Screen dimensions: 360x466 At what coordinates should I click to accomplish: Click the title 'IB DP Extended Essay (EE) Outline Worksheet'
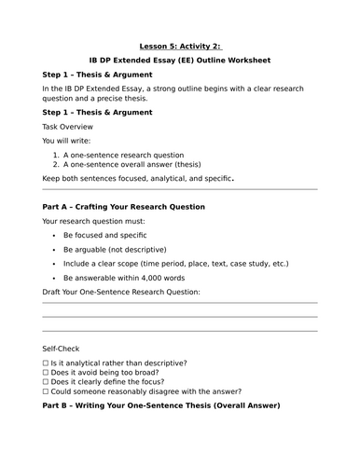point(179,60)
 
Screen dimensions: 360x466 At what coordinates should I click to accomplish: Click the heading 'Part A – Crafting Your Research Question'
point(124,206)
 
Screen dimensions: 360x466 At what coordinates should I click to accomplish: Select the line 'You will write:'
point(69,140)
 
